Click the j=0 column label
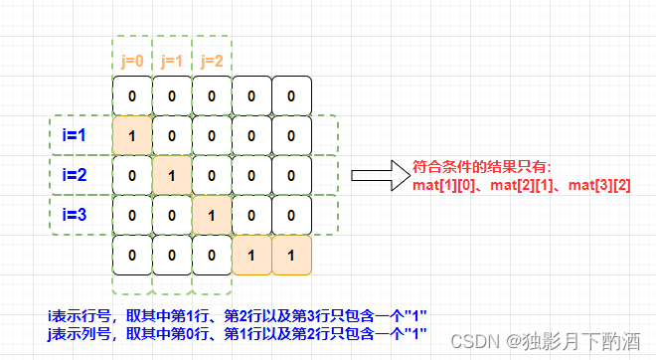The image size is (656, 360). click(x=130, y=60)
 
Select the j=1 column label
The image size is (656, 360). click(x=170, y=60)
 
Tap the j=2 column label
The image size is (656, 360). click(x=210, y=60)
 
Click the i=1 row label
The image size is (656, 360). click(x=74, y=134)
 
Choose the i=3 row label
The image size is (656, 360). click(x=74, y=213)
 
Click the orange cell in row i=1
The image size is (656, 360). click(x=131, y=135)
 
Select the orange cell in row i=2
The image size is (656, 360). click(x=171, y=175)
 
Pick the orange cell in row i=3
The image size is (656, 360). click(x=211, y=214)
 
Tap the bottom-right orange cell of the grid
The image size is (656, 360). click(x=290, y=254)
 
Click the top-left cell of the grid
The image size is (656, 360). click(x=131, y=96)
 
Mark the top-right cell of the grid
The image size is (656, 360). click(x=290, y=96)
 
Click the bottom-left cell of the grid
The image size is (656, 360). click(x=131, y=254)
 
